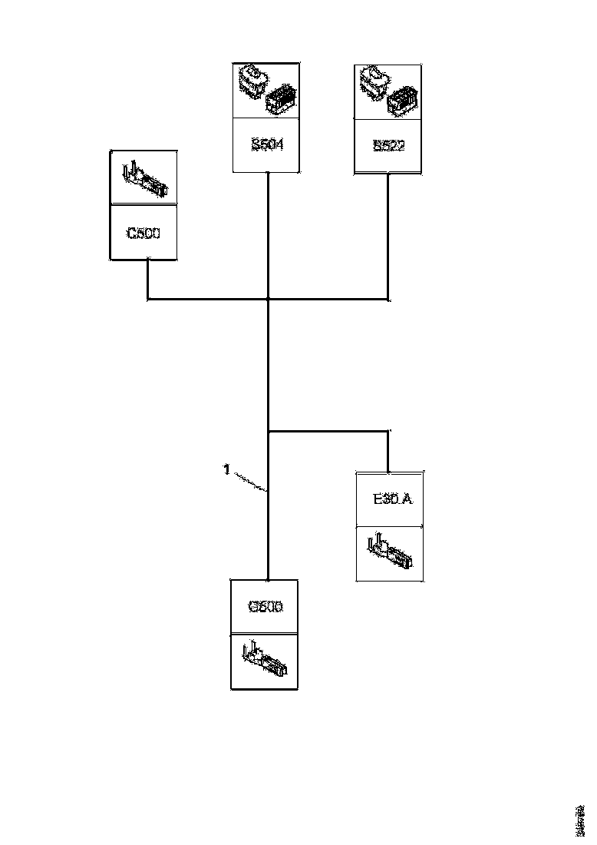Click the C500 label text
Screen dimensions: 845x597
click(x=143, y=234)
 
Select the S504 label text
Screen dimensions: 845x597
click(x=267, y=144)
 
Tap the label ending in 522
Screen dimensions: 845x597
click(x=388, y=145)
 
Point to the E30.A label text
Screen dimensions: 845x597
click(x=392, y=499)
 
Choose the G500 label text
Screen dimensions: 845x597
click(x=265, y=607)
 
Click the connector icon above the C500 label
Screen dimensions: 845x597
click(x=143, y=178)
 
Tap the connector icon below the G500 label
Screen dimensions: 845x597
click(x=265, y=661)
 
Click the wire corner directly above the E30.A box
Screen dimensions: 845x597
click(x=388, y=432)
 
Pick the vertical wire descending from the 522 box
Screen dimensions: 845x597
click(x=388, y=234)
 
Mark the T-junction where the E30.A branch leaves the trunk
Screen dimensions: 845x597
click(x=268, y=432)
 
